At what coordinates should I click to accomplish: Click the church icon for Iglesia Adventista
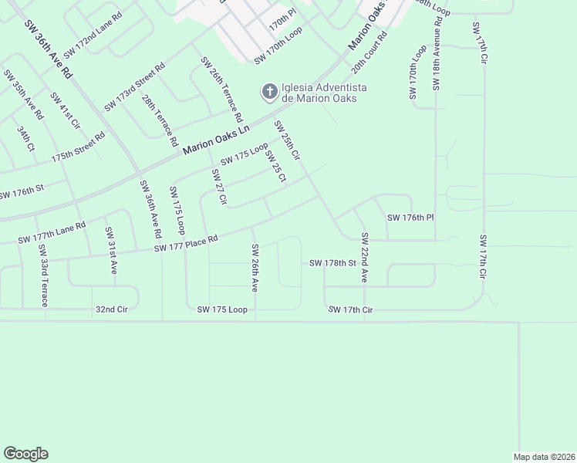(269, 93)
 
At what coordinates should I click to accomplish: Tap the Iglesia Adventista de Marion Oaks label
(324, 93)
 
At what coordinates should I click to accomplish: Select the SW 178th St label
(332, 263)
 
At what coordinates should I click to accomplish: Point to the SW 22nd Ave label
(364, 258)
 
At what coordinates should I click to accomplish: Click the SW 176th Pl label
(411, 218)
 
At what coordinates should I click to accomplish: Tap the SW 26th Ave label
(254, 267)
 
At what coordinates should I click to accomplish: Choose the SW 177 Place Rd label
(186, 244)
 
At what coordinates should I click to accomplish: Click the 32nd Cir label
(111, 309)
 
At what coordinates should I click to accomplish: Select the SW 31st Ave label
(111, 252)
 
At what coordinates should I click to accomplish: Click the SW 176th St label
(22, 191)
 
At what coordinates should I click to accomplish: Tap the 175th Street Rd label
(78, 147)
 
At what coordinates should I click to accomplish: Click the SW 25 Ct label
(275, 167)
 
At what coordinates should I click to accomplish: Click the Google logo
(25, 454)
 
